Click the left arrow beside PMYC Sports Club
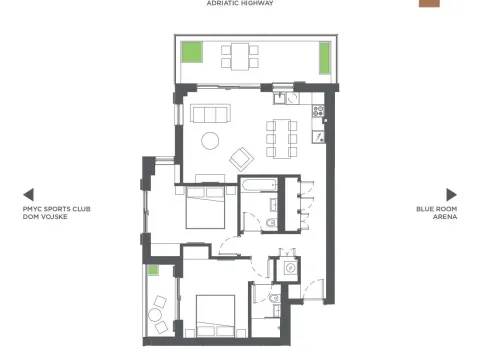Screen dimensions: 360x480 28,194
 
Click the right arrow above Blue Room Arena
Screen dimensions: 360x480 452,194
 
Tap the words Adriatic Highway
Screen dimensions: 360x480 239,4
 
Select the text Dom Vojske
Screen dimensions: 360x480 44,216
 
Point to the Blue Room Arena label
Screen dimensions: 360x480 437,212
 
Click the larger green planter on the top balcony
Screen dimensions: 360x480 191,49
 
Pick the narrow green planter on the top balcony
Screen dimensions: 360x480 325,57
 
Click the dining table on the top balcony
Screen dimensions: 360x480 240,55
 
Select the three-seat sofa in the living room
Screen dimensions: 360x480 212,111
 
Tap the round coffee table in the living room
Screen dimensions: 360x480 212,141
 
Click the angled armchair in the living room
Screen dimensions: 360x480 242,158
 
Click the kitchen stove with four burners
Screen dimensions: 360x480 320,112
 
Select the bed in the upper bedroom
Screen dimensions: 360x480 204,210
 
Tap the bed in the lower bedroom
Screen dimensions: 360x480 214,315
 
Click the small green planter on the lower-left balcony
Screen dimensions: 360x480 154,270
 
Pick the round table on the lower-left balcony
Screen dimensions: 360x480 157,315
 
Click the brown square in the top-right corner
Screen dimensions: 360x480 428,3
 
